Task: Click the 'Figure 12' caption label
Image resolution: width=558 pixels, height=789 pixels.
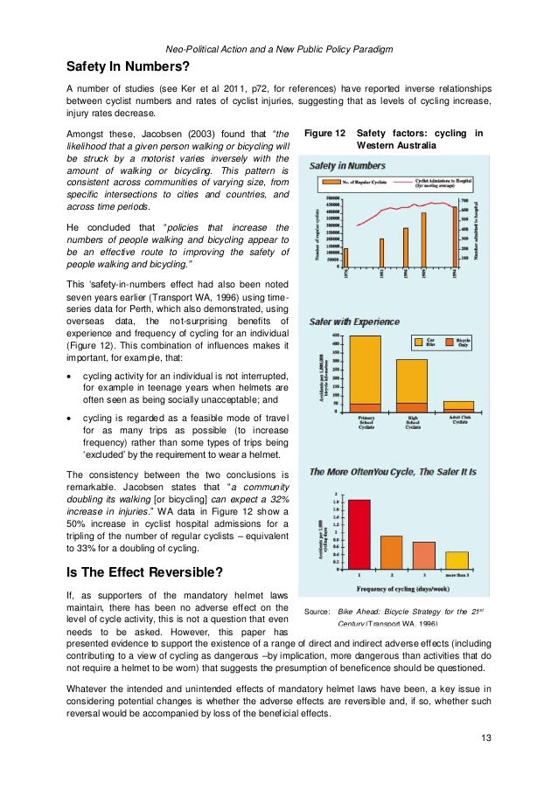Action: tap(323, 134)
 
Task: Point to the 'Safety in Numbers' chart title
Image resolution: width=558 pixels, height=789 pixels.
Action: tap(348, 166)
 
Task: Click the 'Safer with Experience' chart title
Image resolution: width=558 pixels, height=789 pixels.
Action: tap(354, 322)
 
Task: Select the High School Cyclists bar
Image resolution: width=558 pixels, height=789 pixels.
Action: tap(411, 384)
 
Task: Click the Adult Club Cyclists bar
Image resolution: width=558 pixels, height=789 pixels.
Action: tap(458, 406)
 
